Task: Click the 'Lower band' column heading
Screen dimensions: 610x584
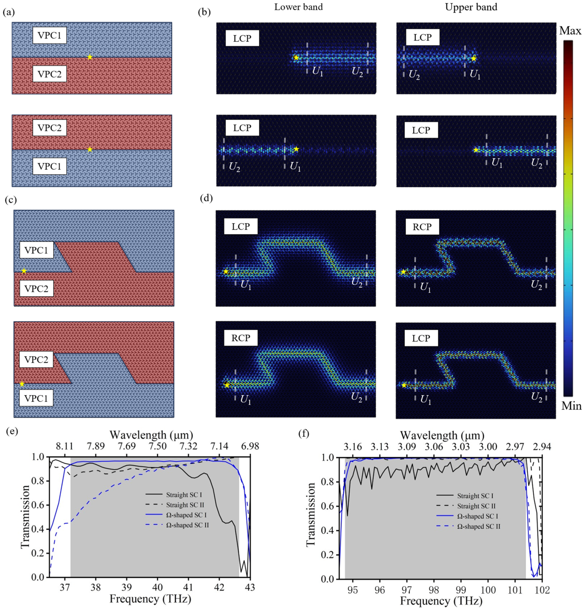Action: point(298,7)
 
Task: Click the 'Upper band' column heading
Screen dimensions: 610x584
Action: point(471,7)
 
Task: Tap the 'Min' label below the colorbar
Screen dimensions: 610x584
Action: point(571,406)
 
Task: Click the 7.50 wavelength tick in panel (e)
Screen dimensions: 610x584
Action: point(157,446)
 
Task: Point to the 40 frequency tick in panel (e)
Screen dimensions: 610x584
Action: point(157,587)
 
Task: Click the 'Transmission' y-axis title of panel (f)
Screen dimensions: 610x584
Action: point(310,514)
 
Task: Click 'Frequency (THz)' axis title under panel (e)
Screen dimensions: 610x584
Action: point(150,599)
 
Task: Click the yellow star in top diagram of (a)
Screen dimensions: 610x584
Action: point(90,57)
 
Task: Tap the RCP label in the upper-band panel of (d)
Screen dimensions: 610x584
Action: point(422,227)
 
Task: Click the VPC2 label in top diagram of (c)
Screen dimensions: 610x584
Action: point(36,289)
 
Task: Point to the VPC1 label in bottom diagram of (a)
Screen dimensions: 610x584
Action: point(49,166)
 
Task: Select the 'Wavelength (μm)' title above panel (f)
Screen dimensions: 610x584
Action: point(442,435)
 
